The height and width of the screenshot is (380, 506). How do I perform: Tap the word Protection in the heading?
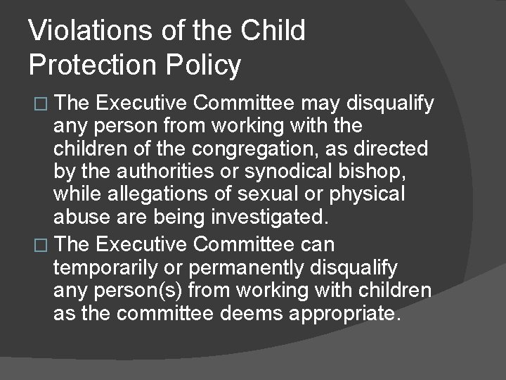click(93, 65)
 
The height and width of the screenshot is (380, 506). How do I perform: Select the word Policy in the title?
click(204, 65)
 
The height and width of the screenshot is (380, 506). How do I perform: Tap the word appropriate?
click(344, 313)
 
